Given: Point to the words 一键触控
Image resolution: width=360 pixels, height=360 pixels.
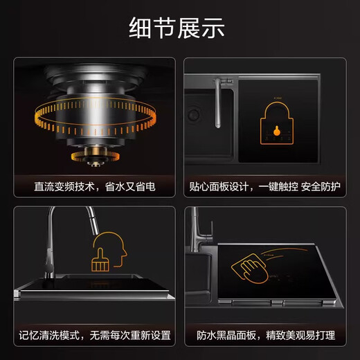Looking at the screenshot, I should (x=280, y=187).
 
